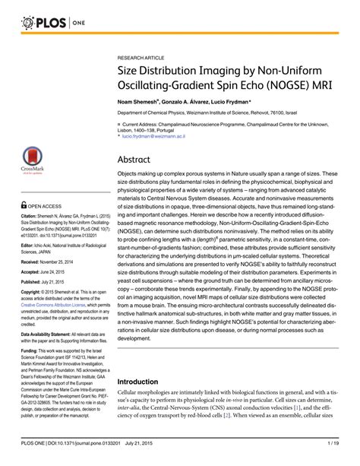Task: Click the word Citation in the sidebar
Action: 30,216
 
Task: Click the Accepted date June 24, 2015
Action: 60,271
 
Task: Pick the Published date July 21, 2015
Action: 60,281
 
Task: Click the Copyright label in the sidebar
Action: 32,291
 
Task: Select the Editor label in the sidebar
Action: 27,239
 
